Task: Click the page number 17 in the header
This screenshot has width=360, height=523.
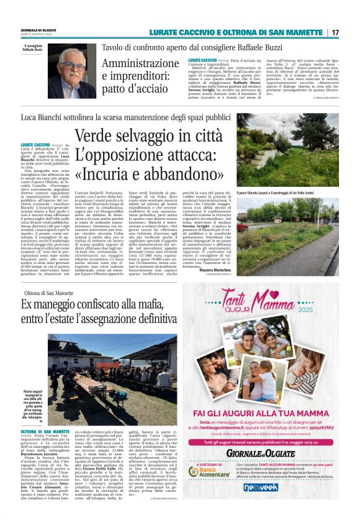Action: (x=335, y=32)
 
